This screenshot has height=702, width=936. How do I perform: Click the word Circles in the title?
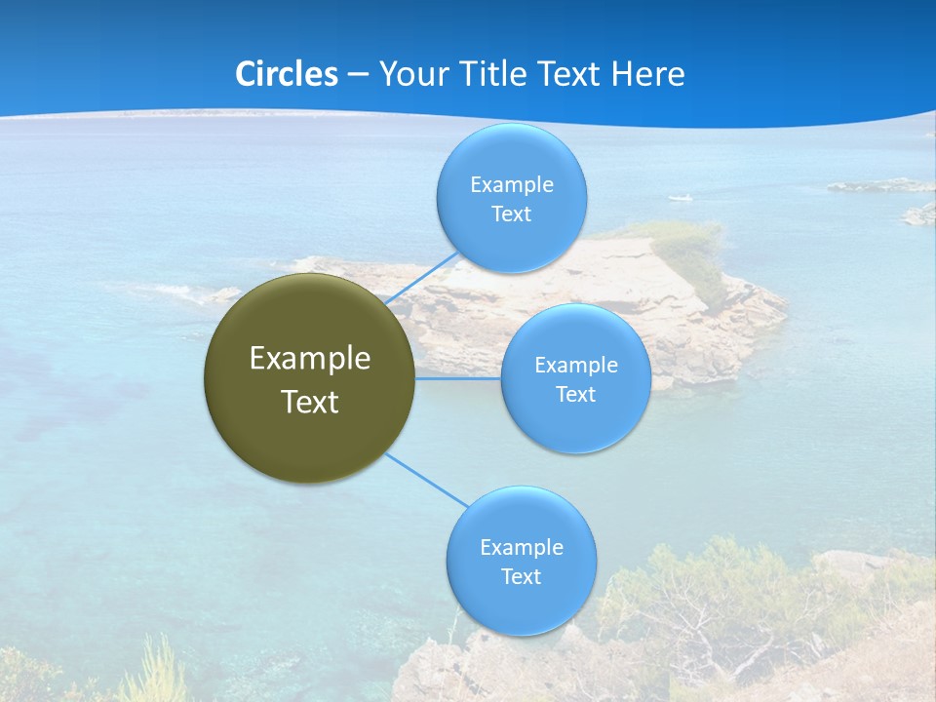click(287, 74)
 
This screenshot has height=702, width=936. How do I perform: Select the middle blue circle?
click(576, 429)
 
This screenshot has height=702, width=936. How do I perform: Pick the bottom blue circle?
click(521, 609)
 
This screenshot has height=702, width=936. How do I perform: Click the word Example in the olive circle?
click(310, 359)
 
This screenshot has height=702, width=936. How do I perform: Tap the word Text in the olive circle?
click(310, 402)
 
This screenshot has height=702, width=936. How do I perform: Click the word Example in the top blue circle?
click(512, 184)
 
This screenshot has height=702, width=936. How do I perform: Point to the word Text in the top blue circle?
click(511, 214)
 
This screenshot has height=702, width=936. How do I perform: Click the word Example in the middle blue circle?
click(576, 366)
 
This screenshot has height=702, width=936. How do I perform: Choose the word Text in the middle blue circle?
click(576, 395)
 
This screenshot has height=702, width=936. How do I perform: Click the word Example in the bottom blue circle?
click(522, 547)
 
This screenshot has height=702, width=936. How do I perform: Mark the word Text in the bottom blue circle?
click(521, 577)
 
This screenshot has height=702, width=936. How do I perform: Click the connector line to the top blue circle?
click(421, 279)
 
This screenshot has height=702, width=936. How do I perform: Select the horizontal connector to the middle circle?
click(458, 378)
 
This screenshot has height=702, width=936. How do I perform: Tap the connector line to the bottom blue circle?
click(427, 480)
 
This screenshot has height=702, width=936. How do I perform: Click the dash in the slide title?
click(358, 75)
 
